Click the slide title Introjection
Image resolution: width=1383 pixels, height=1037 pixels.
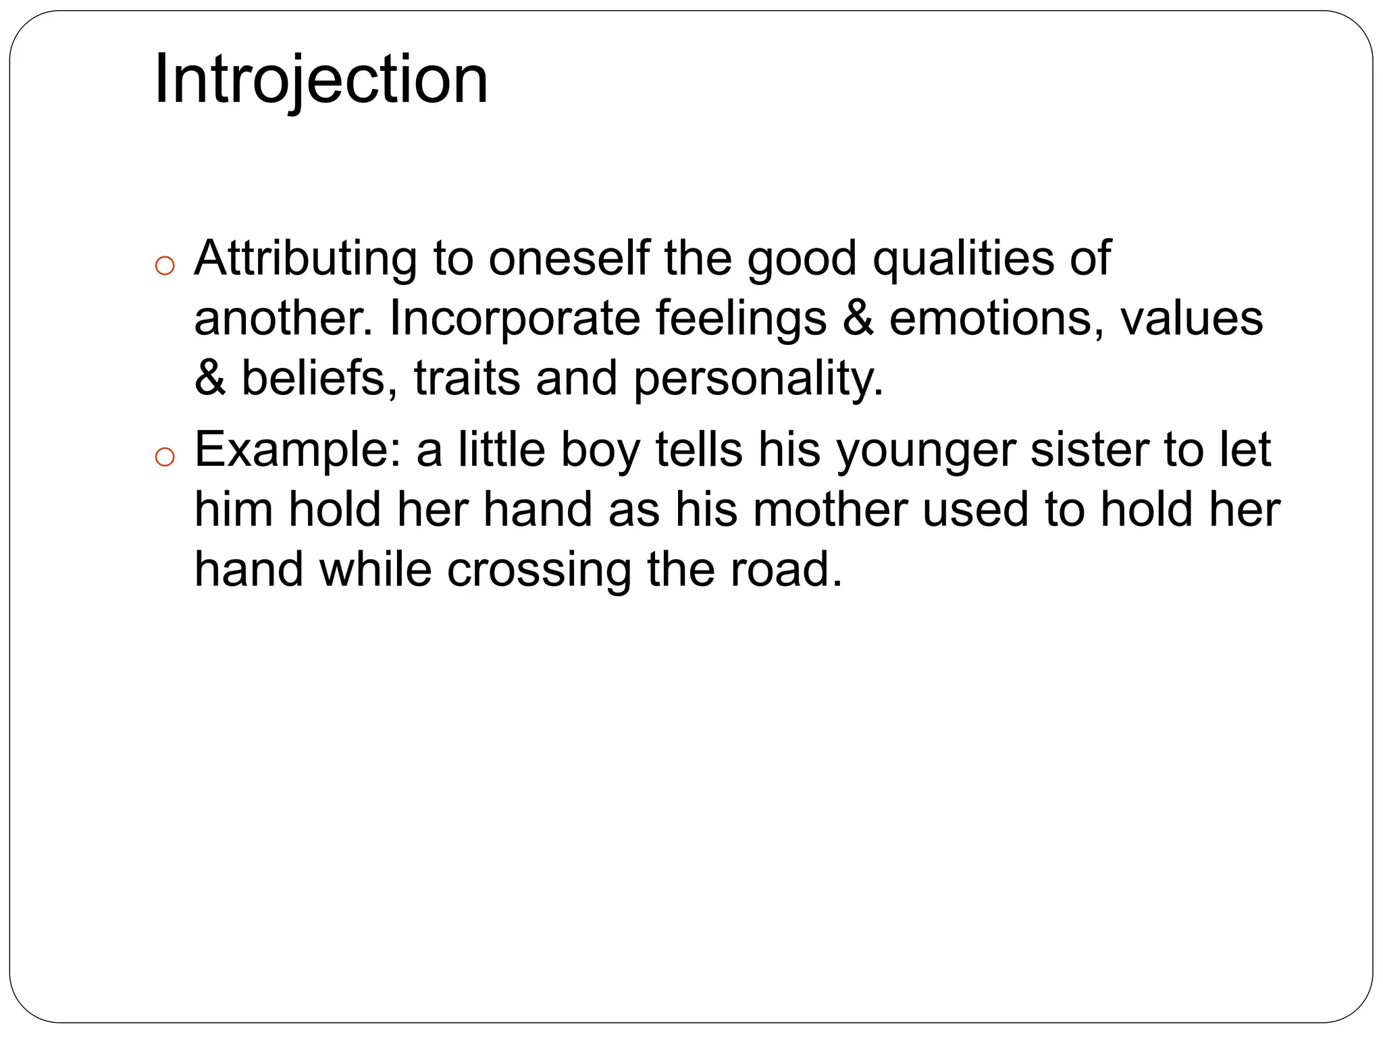(321, 80)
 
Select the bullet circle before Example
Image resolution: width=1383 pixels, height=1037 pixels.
(164, 458)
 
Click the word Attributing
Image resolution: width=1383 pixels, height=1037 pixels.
(305, 259)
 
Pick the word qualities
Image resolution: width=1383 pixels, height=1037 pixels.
(963, 259)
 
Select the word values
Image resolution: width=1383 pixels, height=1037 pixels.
(1191, 318)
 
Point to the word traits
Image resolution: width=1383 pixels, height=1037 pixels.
(467, 377)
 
